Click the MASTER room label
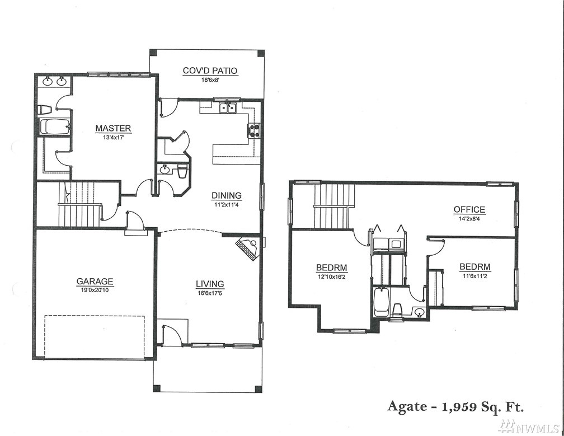(113, 128)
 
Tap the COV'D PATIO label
(210, 71)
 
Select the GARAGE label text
(95, 282)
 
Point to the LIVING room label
(210, 284)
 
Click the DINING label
(226, 195)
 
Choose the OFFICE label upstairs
(469, 209)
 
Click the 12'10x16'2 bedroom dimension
(331, 276)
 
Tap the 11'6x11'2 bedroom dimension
(475, 276)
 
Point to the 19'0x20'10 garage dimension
(95, 290)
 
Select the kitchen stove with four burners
(253, 130)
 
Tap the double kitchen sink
(227, 107)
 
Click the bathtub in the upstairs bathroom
(380, 302)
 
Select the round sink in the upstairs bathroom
(419, 312)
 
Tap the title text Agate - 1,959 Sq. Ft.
(455, 406)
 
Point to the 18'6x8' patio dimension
(210, 80)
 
